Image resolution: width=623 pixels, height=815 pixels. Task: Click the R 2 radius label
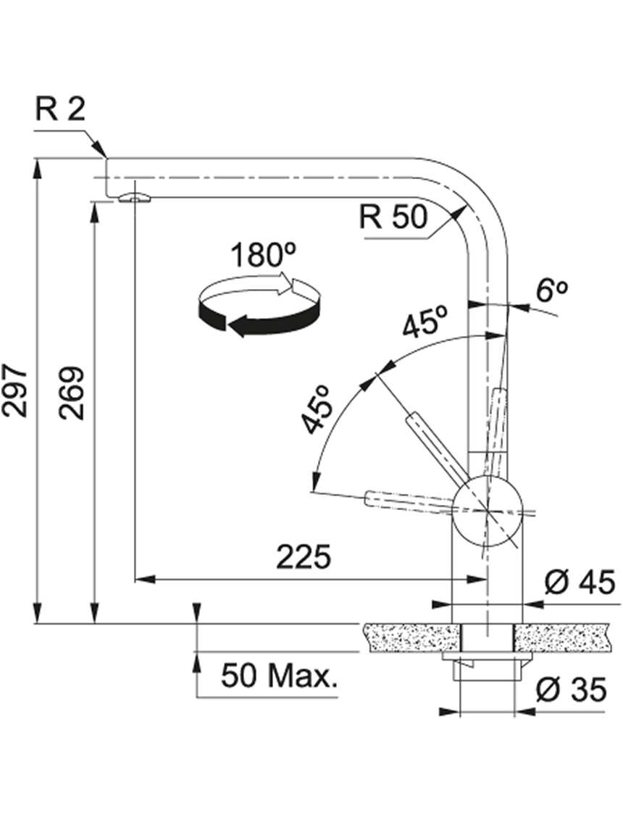(x=59, y=109)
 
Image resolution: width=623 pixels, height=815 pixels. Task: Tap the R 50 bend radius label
(x=393, y=217)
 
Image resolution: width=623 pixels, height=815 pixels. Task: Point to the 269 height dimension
(x=71, y=393)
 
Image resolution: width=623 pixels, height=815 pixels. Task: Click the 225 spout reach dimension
(x=304, y=557)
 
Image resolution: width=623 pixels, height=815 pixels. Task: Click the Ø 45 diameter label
(x=580, y=582)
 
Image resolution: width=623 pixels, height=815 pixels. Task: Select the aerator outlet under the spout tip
(x=133, y=198)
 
